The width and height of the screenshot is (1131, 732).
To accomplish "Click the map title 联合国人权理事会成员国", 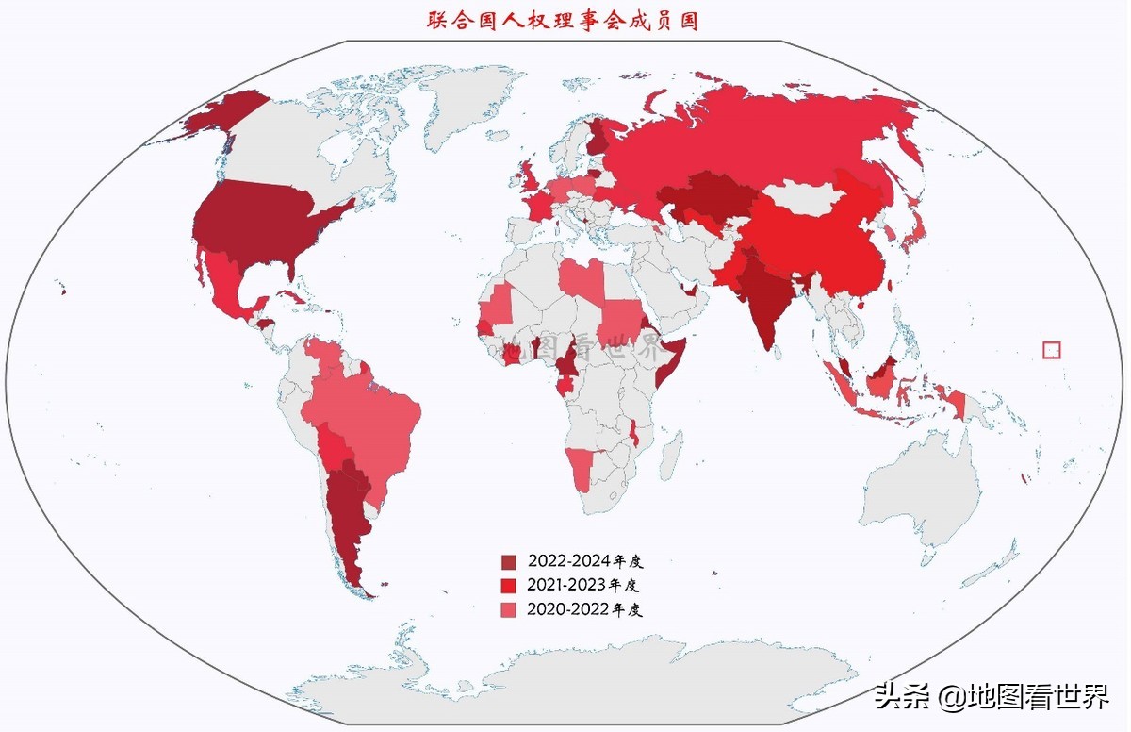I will [562, 20].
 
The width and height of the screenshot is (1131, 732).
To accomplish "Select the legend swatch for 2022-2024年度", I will [509, 561].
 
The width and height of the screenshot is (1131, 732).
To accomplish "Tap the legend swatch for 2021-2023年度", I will [509, 586].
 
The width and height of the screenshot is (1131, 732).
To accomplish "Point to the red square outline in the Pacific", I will [1052, 349].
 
